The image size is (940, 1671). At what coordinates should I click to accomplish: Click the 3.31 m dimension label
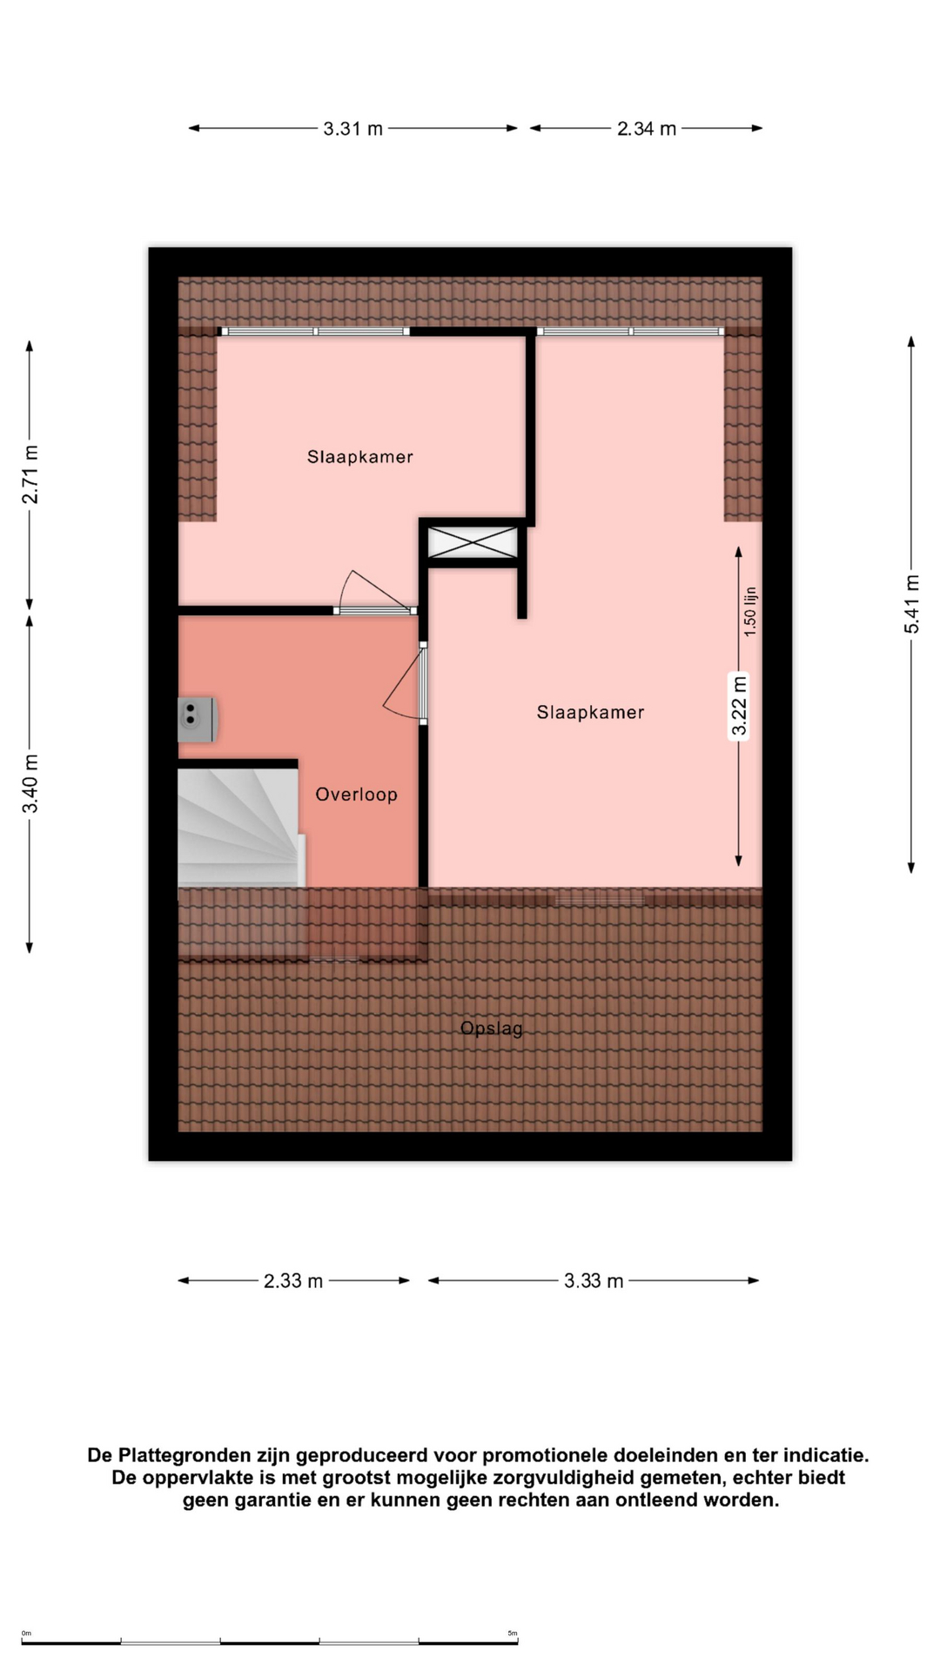352,129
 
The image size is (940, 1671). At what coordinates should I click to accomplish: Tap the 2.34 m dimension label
647,129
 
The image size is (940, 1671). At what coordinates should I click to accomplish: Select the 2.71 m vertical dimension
30,474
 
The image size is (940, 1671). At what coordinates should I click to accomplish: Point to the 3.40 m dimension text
30,783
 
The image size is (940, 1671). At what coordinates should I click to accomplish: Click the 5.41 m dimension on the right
911,604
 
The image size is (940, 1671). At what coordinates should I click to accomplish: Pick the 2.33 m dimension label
293,1281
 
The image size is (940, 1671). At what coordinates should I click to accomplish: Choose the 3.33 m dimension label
594,1281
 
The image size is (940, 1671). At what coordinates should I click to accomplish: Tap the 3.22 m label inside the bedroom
739,706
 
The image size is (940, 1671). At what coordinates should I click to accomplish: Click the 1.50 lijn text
750,612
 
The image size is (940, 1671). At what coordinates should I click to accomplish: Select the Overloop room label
356,795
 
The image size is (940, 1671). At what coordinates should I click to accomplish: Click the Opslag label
492,1029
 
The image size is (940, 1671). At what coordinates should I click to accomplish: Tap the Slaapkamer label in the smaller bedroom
359,457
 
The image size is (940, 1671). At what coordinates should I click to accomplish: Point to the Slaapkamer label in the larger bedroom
590,713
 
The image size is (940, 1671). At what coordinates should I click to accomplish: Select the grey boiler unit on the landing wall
198,720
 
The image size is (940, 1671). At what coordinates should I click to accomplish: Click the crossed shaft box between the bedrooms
473,543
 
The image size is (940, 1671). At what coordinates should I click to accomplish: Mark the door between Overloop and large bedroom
406,683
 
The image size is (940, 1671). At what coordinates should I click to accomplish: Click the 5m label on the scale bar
513,1634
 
